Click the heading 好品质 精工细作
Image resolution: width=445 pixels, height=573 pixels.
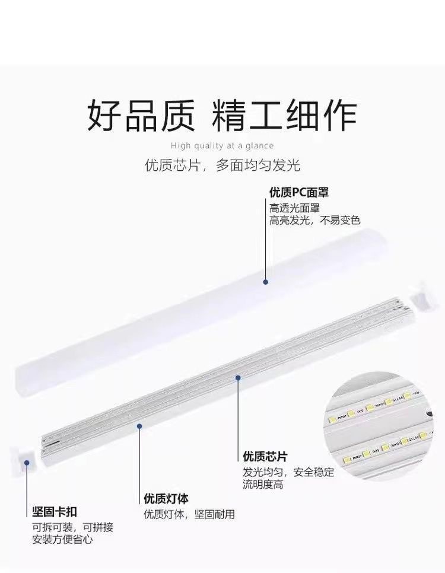[222, 114]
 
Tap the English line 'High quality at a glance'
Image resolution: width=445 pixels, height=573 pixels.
[222, 146]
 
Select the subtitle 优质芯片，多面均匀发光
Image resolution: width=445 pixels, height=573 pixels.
[223, 165]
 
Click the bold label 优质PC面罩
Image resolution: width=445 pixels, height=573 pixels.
[299, 193]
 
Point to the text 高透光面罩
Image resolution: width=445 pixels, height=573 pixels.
[295, 208]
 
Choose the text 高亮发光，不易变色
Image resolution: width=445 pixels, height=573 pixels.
[314, 221]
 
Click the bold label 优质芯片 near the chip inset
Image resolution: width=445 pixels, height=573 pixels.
[265, 457]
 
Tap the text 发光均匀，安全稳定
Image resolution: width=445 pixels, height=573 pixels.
[288, 472]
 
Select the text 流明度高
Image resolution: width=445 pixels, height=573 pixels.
[263, 485]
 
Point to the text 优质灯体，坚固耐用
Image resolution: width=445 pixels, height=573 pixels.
[189, 514]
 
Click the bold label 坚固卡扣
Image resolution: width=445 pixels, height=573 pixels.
[54, 512]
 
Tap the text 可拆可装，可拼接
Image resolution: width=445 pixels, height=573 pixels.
[72, 527]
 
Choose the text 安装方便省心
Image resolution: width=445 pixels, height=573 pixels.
[62, 540]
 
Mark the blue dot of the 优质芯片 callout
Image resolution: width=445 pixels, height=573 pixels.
[238, 377]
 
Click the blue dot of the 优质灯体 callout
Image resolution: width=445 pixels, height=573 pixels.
[140, 425]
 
